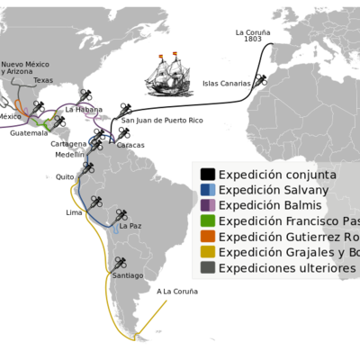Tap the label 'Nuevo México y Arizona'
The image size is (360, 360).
[x=24, y=68]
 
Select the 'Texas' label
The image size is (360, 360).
[x=43, y=80]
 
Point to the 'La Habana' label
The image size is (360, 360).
[x=80, y=107]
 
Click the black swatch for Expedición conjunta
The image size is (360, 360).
[x=208, y=175]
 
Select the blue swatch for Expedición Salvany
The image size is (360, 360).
[x=208, y=190]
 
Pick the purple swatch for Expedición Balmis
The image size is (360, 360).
[x=208, y=206]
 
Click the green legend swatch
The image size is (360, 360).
[x=208, y=221]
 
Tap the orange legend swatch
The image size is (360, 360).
[x=208, y=238]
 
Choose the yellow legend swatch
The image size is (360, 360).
[x=208, y=253]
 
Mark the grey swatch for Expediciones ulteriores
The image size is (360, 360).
[x=208, y=269]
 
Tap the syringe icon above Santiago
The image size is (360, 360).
[x=121, y=263]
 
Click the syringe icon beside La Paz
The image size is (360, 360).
[x=118, y=214]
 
